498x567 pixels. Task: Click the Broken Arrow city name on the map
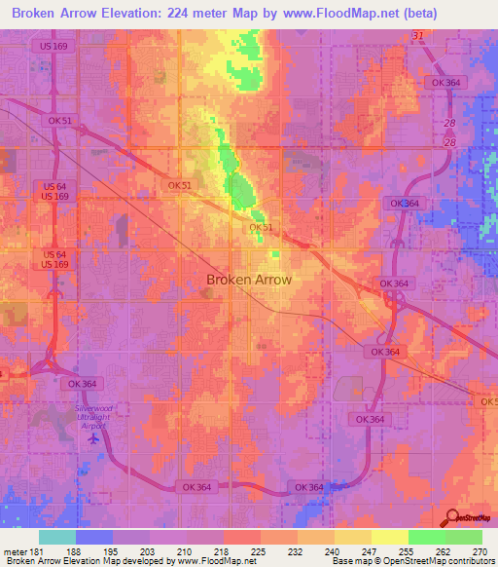[249, 280]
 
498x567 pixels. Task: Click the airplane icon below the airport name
[94, 437]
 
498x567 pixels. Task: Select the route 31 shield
[418, 36]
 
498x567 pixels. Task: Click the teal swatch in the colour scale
[56, 537]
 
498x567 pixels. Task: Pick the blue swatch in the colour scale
[93, 537]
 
